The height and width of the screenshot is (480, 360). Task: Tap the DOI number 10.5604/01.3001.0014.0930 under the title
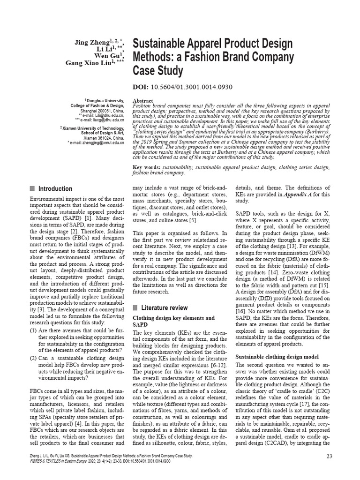(x=192, y=87)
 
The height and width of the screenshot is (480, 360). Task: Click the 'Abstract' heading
(x=144, y=101)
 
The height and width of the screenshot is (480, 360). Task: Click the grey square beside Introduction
(x=32, y=189)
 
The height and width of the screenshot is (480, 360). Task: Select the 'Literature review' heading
(x=164, y=307)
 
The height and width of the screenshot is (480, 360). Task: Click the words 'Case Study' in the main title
(x=157, y=71)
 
